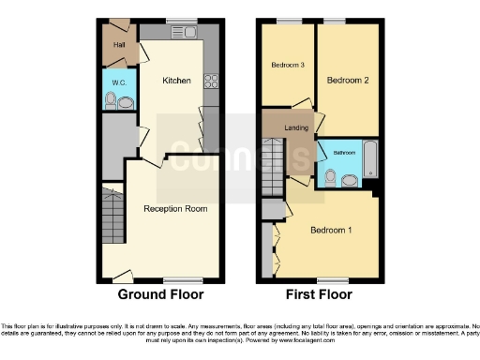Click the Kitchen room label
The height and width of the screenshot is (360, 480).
[177, 81]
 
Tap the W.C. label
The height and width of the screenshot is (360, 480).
[119, 82]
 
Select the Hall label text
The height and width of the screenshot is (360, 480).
[119, 44]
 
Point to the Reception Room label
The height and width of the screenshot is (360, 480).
[175, 208]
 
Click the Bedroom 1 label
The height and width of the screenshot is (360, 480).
[330, 230]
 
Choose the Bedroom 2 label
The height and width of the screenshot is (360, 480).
[348, 81]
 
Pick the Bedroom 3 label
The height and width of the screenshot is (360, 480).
[289, 65]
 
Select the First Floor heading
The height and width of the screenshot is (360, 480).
[319, 294]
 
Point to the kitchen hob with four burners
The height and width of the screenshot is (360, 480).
[211, 81]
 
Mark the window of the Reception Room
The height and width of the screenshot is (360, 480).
[176, 279]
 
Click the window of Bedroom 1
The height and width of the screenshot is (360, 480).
[327, 279]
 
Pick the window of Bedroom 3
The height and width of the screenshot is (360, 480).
[289, 21]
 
